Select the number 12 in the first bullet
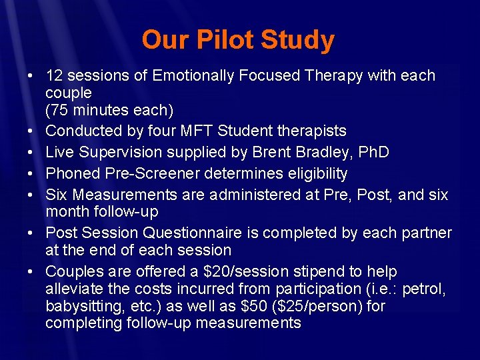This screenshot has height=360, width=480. (x=55, y=76)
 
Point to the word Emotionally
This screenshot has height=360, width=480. (x=194, y=76)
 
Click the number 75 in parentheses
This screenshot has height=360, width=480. (x=60, y=109)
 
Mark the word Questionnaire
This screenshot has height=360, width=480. (x=199, y=233)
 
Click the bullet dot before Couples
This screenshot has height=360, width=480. (x=31, y=273)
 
